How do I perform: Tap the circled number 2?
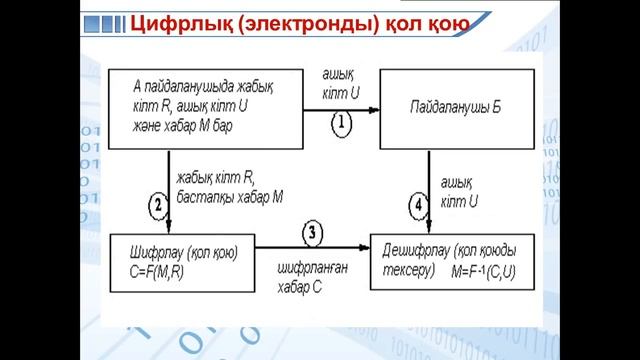157,206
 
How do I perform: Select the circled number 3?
314,234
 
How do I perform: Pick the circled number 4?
417,207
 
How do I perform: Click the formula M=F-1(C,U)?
489,271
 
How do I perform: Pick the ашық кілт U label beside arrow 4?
461,191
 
